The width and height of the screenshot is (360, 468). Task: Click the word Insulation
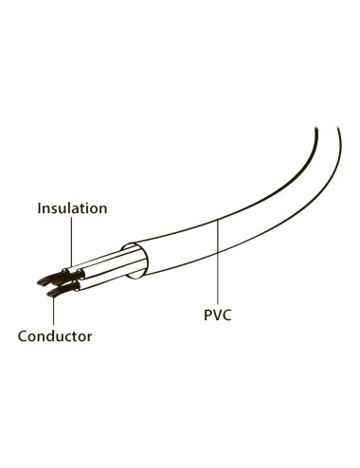72,207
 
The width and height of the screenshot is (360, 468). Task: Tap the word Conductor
54,335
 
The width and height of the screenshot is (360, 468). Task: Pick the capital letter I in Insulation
39,207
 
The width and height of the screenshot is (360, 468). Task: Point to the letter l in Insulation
70,207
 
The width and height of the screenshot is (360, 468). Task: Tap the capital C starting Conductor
22,335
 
